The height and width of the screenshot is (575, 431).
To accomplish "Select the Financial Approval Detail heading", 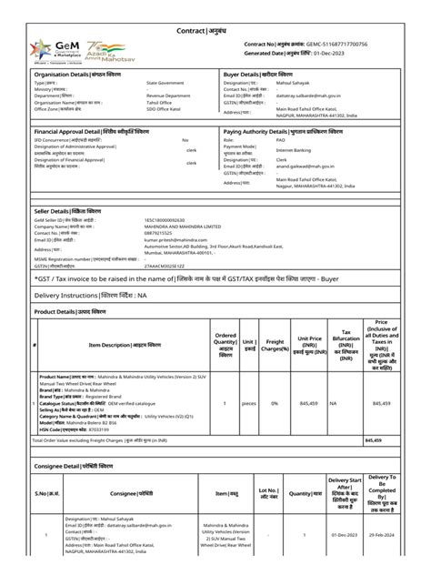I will click(x=88, y=132).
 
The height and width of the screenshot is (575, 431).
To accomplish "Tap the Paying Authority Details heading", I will click(x=283, y=132).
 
